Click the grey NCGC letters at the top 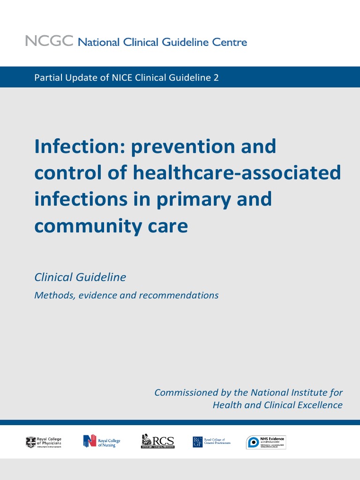pos(49,41)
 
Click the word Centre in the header pos(229,42)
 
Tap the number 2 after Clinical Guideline pos(216,77)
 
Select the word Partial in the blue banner pos(48,77)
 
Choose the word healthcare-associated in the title pos(237,173)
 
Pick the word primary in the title pos(195,200)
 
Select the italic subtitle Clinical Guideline pos(80,277)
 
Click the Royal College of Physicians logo pos(44,442)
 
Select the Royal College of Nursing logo pos(102,442)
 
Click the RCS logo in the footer pos(157,442)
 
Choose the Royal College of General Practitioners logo pos(211,442)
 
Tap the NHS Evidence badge pos(266,442)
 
